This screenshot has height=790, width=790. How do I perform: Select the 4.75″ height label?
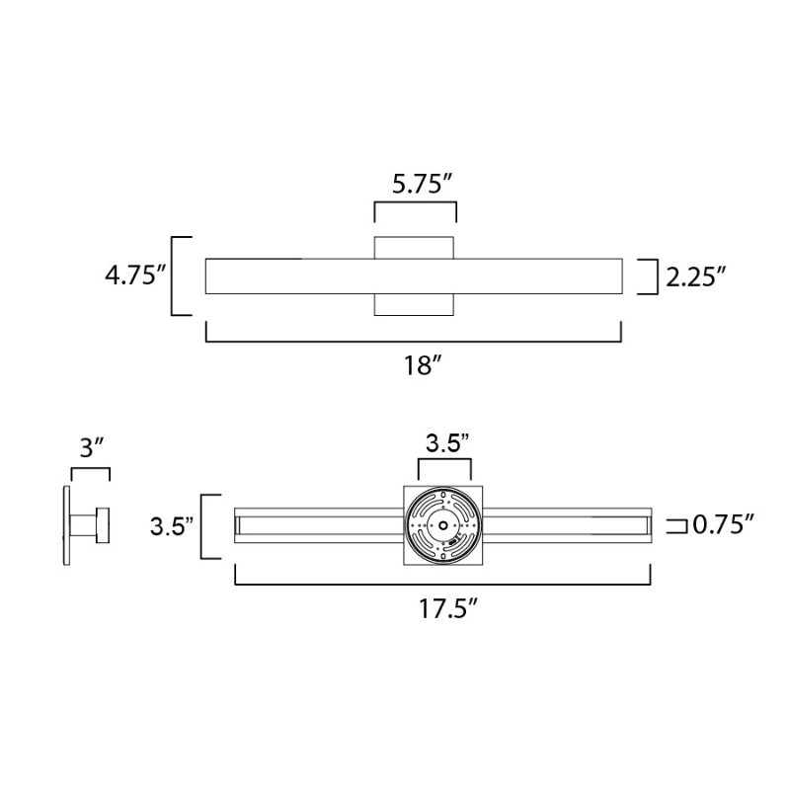135,276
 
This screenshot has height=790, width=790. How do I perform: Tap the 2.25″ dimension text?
696,277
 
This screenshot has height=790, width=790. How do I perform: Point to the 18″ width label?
423,364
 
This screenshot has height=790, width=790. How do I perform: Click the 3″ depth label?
91,447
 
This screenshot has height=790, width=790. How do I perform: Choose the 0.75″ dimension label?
724,525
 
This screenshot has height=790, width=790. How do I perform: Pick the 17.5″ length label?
448,609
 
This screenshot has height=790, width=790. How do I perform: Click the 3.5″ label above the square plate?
447,443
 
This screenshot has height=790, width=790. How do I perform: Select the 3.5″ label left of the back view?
172,527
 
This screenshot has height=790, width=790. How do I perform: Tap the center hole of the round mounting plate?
442,525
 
